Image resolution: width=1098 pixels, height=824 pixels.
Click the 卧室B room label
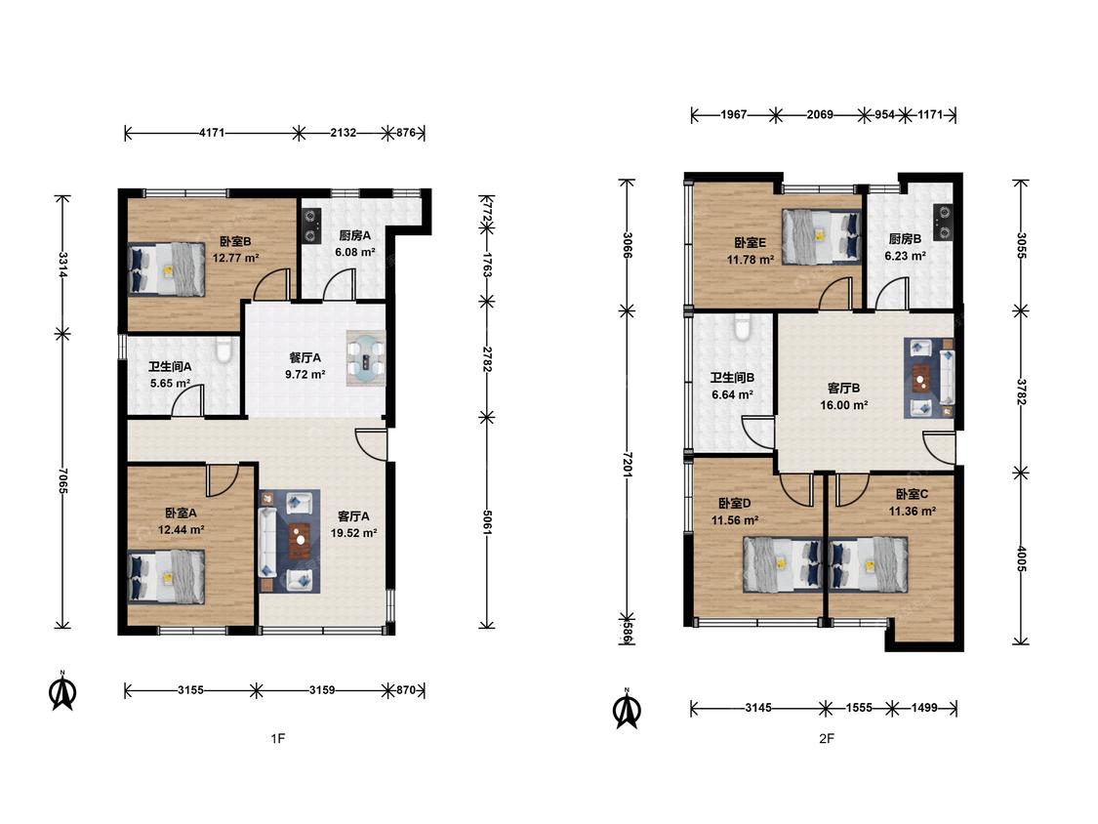(235, 241)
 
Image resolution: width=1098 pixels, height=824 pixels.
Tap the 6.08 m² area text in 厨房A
(355, 252)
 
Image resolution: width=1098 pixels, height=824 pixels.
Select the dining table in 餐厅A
(366, 358)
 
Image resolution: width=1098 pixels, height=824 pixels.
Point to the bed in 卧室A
(167, 576)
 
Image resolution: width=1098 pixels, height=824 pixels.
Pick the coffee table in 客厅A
(301, 540)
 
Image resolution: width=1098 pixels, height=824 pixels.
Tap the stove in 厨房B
(943, 222)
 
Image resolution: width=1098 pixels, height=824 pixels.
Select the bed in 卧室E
(822, 237)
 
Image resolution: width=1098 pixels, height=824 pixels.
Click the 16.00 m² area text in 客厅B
(844, 405)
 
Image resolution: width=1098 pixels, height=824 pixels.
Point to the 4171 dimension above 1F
(212, 133)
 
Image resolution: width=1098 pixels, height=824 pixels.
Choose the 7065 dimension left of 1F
(63, 480)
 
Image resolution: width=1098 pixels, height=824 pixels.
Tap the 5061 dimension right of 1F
(487, 521)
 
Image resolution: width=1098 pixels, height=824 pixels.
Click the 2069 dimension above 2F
(819, 114)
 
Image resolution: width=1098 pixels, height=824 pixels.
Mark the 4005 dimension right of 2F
(1021, 558)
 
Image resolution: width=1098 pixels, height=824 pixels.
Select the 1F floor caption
(278, 738)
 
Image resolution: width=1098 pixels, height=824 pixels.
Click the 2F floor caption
(827, 738)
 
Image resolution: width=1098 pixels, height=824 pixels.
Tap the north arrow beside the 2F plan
(627, 709)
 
